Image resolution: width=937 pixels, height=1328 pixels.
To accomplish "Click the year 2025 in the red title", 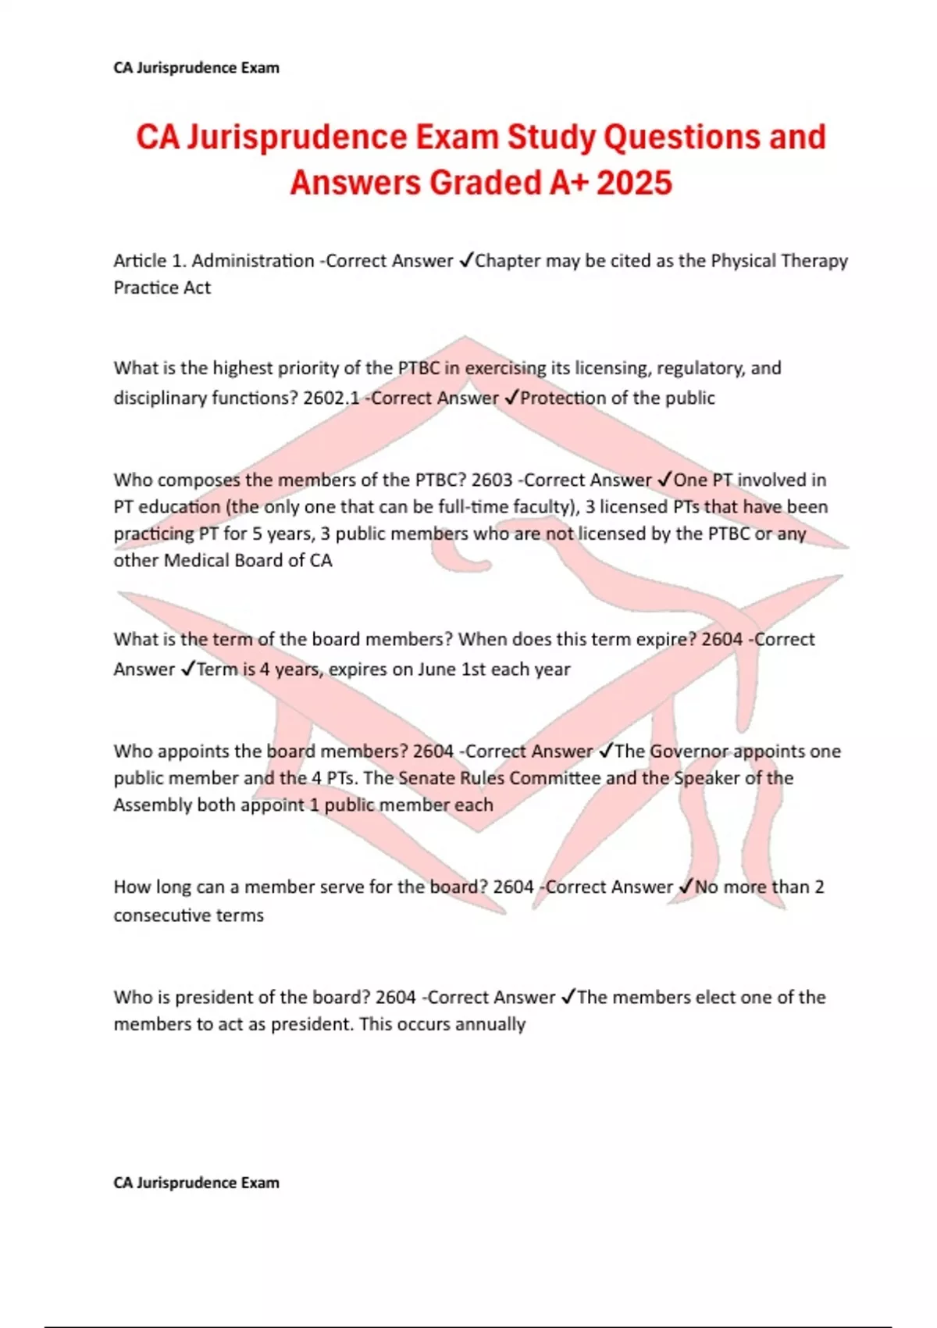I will [x=634, y=183].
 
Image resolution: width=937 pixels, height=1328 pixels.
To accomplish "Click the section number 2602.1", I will [x=331, y=398].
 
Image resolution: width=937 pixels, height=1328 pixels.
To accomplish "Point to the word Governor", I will [x=689, y=751].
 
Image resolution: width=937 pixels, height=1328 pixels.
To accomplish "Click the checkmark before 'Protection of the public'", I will [x=511, y=398].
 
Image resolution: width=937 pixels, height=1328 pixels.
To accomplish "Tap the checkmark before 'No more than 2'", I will [x=686, y=887].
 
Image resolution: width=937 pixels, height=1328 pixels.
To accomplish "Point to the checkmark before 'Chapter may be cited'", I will [x=465, y=261].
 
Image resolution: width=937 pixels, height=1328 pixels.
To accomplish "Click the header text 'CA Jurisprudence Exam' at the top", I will [x=196, y=68].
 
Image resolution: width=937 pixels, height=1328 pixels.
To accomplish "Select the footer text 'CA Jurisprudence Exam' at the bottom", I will [x=196, y=1183].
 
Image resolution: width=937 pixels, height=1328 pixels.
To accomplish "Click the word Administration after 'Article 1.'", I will [x=253, y=261].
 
